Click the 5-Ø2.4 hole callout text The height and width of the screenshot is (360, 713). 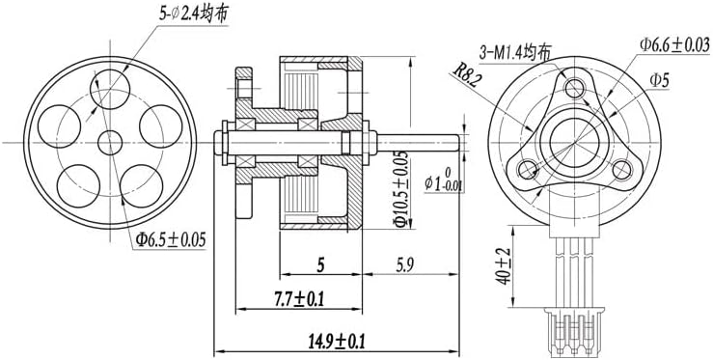194,14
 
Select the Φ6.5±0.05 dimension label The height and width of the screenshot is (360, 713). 171,239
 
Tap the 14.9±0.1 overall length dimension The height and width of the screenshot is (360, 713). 338,341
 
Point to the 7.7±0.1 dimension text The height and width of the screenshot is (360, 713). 298,299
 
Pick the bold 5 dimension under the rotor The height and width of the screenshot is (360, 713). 320,265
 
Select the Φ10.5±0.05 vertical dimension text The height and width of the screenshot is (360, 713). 400,188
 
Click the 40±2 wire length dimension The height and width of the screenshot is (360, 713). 504,266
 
